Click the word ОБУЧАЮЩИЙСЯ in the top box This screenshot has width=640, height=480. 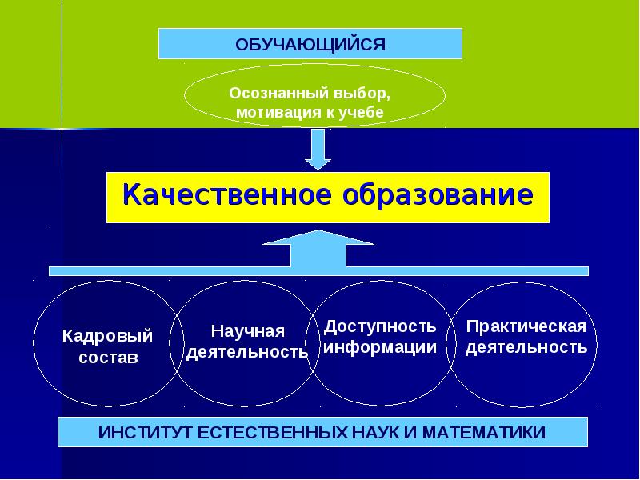[310, 43]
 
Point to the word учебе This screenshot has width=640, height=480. [366, 113]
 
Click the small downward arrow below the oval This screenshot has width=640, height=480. [318, 149]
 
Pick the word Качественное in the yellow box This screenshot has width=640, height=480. [222, 194]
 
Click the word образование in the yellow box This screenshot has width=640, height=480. [432, 194]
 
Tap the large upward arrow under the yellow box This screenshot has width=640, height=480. [318, 250]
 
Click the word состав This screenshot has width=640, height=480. [108, 358]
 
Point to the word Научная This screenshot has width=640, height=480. [247, 330]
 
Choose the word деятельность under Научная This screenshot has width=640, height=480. [247, 352]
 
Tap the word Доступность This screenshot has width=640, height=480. [380, 326]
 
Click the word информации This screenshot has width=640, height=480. [380, 347]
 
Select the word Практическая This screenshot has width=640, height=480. [526, 326]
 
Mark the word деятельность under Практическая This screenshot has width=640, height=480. [526, 347]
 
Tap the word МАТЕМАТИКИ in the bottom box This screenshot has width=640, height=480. [483, 433]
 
